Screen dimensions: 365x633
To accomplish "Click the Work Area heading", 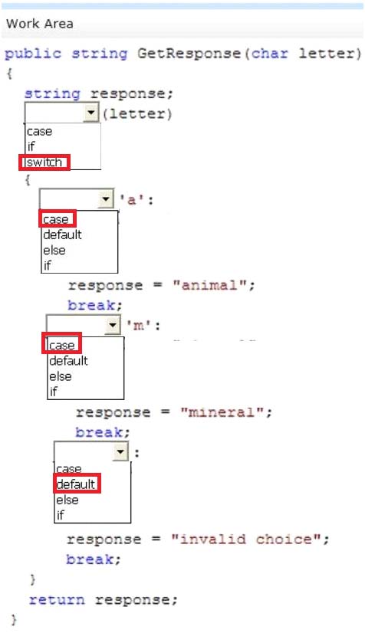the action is pos(40,24).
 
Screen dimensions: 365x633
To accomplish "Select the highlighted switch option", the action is pos(44,162).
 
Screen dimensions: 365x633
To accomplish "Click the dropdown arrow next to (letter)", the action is pos(91,112).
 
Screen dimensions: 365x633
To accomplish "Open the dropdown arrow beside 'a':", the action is pos(106,198).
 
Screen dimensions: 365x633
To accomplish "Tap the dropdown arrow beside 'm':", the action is pos(113,325).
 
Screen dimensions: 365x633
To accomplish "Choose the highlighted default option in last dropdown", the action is pos(77,484).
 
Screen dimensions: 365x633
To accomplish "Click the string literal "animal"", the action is pos(209,285).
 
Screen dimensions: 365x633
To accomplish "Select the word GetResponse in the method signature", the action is pos(189,54).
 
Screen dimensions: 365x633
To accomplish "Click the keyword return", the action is pos(57,599).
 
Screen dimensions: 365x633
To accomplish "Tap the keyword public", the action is pos(33,54).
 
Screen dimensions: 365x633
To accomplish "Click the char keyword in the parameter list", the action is pos(270,54).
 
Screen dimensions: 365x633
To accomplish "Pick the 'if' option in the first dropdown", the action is pos(31,146).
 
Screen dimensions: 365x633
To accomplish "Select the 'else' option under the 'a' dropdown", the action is pos(54,251).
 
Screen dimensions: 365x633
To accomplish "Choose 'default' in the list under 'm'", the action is pos(68,360).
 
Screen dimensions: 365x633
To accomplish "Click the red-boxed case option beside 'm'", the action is pos(62,345).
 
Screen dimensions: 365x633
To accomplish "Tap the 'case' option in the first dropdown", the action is pos(40,132).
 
